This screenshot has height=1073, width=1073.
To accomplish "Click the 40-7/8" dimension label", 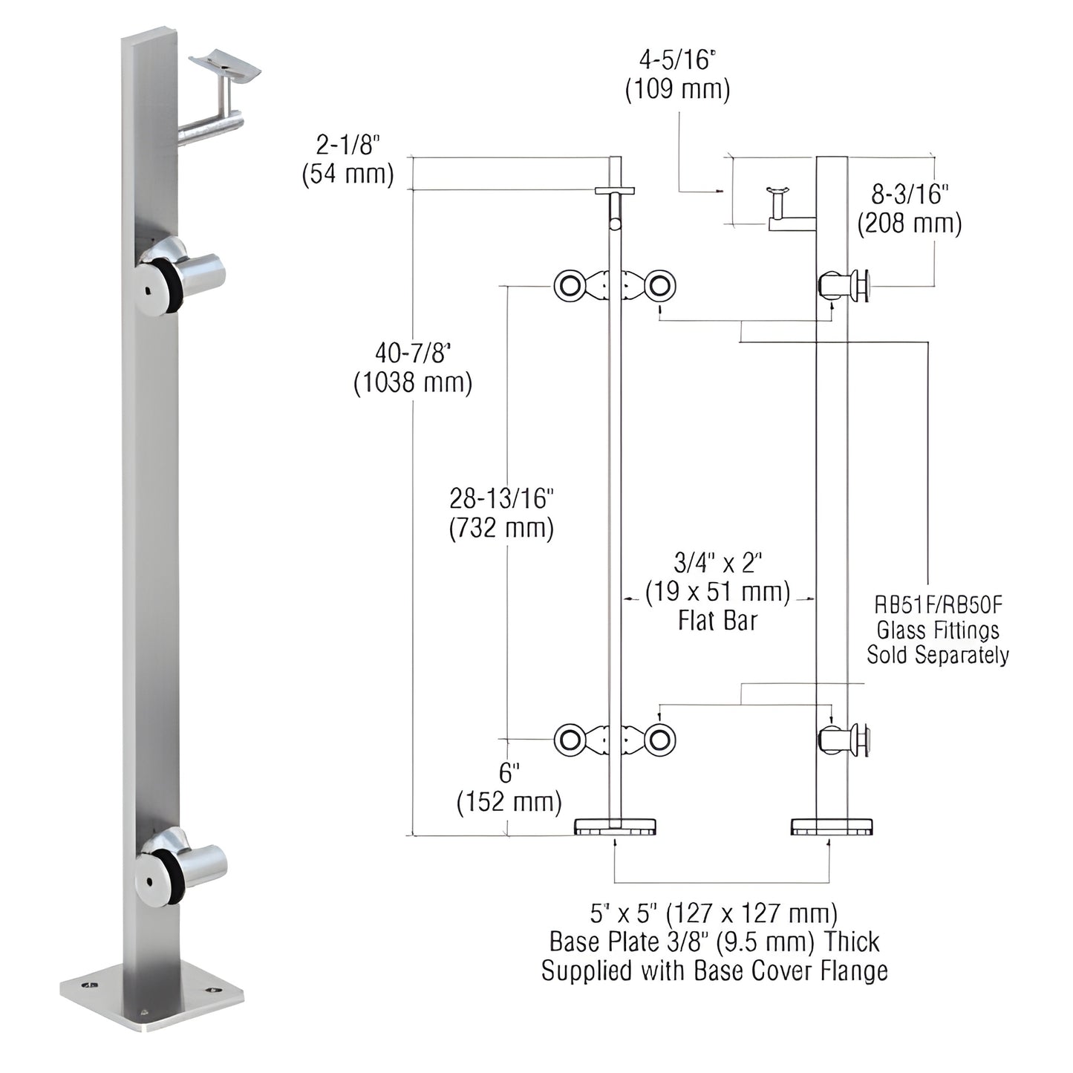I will [413, 352].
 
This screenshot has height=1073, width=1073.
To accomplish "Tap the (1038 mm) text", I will [413, 383].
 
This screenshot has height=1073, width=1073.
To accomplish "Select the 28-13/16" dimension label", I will [502, 498].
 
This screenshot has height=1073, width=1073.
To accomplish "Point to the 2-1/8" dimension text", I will [348, 143].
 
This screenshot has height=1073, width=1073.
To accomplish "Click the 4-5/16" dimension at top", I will [676, 59].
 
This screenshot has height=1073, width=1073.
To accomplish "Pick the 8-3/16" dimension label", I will [910, 194].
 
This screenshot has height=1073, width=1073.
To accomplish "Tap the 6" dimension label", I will [506, 773].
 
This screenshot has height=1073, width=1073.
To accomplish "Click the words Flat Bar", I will [717, 621].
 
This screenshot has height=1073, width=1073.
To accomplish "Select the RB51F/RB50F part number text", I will [938, 605].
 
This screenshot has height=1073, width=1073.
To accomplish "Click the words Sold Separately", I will [938, 655].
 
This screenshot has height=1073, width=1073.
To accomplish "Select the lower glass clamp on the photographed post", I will [182, 866].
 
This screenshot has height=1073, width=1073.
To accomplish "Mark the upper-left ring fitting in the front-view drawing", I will [570, 286].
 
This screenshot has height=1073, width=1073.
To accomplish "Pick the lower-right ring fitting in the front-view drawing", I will [659, 740].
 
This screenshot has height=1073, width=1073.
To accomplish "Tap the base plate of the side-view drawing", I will [832, 826].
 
